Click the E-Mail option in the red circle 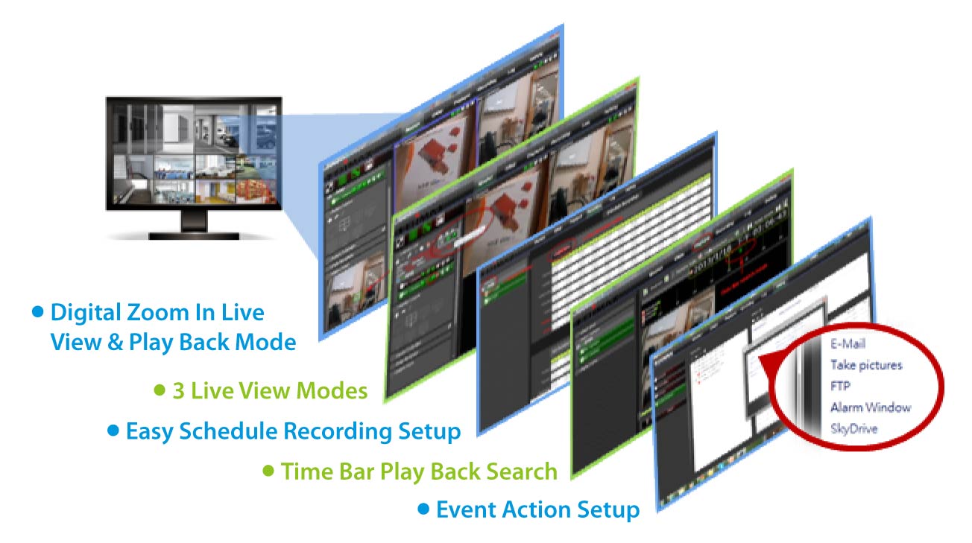[848, 344]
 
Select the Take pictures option [866, 365]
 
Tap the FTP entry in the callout [840, 387]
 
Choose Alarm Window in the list [871, 407]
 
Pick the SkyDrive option [853, 429]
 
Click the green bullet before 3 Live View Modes [159, 390]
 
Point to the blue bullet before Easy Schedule [113, 430]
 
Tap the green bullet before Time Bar [269, 471]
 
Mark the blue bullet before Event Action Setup [423, 509]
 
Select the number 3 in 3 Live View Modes [178, 390]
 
